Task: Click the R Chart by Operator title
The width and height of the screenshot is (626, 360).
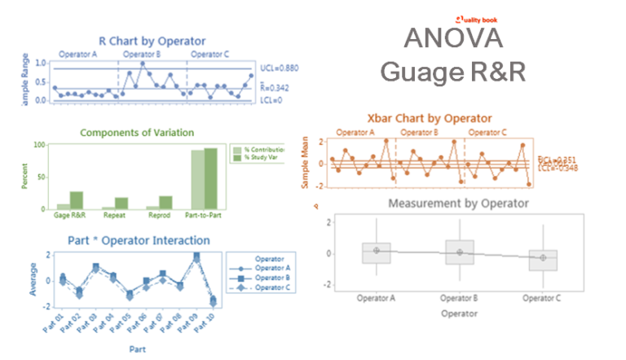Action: (x=152, y=40)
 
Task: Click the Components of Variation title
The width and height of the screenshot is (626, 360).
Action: (x=153, y=130)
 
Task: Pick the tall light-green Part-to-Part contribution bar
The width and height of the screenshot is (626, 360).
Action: (x=197, y=179)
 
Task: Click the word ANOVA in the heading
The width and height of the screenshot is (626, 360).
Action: (x=453, y=39)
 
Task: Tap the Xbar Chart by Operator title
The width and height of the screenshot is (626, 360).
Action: (x=427, y=119)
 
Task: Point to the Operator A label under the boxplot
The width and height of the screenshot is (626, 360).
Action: (x=377, y=299)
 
